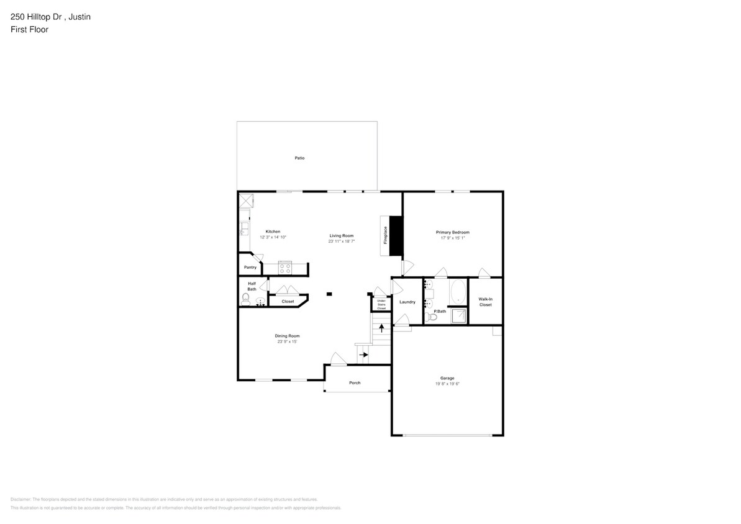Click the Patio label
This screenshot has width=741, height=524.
[299, 158]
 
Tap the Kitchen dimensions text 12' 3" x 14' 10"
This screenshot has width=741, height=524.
[273, 237]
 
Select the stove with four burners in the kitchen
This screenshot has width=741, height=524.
[285, 268]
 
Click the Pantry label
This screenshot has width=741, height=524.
[250, 268]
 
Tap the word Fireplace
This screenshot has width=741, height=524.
[385, 235]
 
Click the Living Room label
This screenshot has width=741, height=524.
[342, 236]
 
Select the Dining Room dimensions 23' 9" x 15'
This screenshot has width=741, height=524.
[288, 341]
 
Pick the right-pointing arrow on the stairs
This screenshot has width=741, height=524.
[364, 355]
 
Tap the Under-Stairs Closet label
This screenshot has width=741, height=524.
[381, 304]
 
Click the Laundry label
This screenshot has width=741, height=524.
[407, 302]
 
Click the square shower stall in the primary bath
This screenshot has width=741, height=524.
[458, 315]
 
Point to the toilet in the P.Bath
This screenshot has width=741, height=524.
[433, 317]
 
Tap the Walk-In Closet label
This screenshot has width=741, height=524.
[485, 302]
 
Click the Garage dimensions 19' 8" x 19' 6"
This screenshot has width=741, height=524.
[447, 384]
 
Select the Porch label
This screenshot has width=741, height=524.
[355, 382]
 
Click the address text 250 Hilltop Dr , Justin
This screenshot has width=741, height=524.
[50, 17]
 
